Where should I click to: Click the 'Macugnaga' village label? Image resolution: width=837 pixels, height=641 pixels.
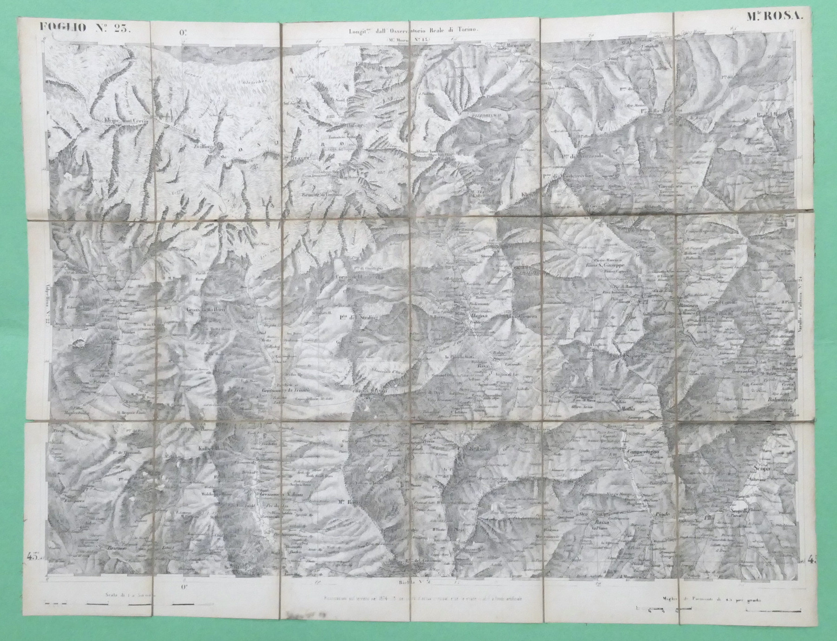pyautogui.click(x=513, y=46)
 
